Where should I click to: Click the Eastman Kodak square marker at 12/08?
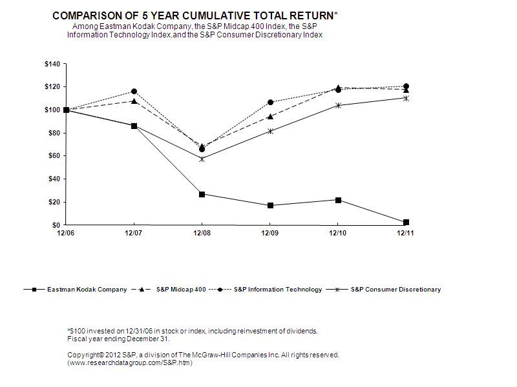coord(202,194)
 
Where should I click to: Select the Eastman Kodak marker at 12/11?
coord(406,223)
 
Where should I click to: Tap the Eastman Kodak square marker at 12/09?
coord(270,205)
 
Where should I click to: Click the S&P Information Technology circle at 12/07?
coord(134,92)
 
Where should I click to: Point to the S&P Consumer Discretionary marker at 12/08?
coord(202,159)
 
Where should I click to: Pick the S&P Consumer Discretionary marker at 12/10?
coord(338,105)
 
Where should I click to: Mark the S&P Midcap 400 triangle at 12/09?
coord(270,117)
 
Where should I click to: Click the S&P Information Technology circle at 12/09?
coord(270,103)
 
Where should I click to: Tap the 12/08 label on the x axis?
coord(202,233)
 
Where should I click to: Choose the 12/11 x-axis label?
coord(406,233)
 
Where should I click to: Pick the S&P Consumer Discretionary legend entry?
coord(396,290)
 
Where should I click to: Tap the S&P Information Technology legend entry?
coord(277,290)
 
